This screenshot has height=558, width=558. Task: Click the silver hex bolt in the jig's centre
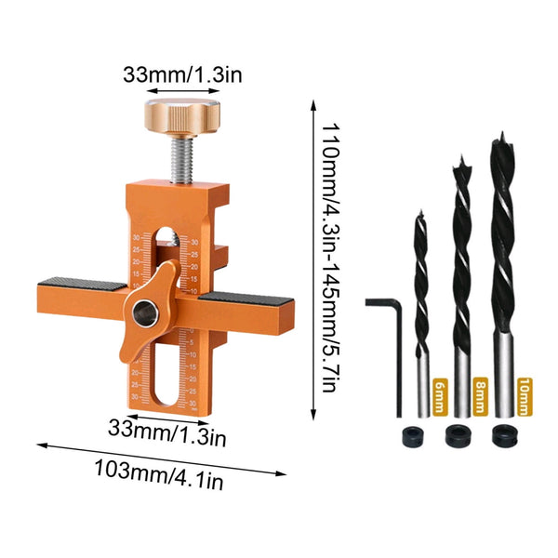pos(146,314)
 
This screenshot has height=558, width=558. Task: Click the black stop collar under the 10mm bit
pos(503,432)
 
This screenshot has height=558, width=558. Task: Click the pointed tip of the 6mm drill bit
pos(419,213)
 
